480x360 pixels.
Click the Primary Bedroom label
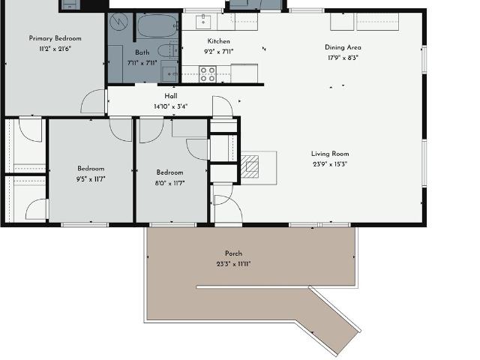(x=55, y=38)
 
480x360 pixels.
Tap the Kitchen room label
(x=218, y=41)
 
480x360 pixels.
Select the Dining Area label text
(x=343, y=47)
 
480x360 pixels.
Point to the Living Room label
(x=330, y=154)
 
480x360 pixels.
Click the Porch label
(x=233, y=253)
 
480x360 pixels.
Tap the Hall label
(x=171, y=96)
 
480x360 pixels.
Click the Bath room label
(x=142, y=52)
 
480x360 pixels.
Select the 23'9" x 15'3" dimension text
(x=330, y=164)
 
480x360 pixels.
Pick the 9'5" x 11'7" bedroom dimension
(x=91, y=179)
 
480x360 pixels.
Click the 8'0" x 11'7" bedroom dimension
(x=170, y=183)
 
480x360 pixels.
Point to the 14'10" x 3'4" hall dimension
(x=170, y=106)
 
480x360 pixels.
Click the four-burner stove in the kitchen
(x=208, y=74)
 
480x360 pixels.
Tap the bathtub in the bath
(x=157, y=25)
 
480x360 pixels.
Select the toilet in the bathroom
(x=168, y=50)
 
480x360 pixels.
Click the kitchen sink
(x=203, y=21)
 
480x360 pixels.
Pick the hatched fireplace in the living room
(x=250, y=166)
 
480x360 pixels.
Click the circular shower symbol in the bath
(x=118, y=22)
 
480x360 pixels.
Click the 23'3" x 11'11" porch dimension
(x=233, y=264)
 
